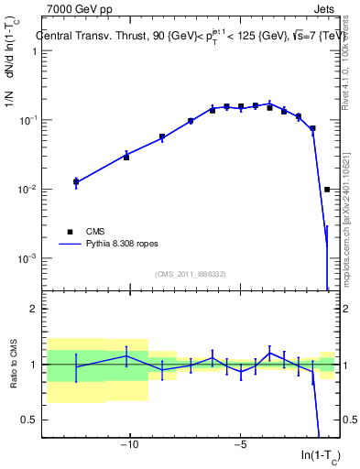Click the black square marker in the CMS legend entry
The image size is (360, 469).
tap(69, 232)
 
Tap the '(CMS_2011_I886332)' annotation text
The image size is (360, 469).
tap(191, 274)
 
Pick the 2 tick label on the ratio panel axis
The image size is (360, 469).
tap(34, 309)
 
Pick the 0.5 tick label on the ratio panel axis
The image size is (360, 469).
tap(31, 420)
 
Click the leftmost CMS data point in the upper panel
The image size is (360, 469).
tap(76, 182)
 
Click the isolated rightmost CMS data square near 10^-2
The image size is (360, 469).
tap(327, 190)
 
